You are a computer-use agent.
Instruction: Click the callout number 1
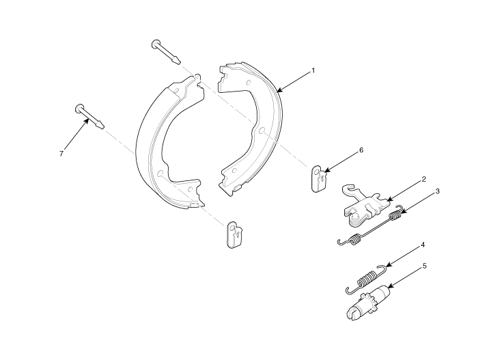(313, 71)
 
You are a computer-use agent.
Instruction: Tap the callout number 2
(424, 180)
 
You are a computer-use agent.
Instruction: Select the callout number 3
(438, 191)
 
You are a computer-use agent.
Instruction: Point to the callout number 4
(423, 245)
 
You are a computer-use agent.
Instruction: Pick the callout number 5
(424, 266)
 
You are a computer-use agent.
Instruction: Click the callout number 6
(361, 150)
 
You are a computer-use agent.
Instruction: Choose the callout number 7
(61, 154)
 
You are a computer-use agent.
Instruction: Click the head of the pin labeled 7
(79, 109)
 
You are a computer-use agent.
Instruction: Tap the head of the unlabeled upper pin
(156, 44)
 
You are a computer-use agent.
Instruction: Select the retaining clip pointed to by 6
(319, 178)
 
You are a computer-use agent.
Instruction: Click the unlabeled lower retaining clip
(236, 234)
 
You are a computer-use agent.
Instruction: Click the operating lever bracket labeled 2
(366, 206)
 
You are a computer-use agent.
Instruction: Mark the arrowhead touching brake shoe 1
(279, 90)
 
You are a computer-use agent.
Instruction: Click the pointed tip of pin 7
(102, 126)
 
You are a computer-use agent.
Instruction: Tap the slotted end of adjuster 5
(353, 314)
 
